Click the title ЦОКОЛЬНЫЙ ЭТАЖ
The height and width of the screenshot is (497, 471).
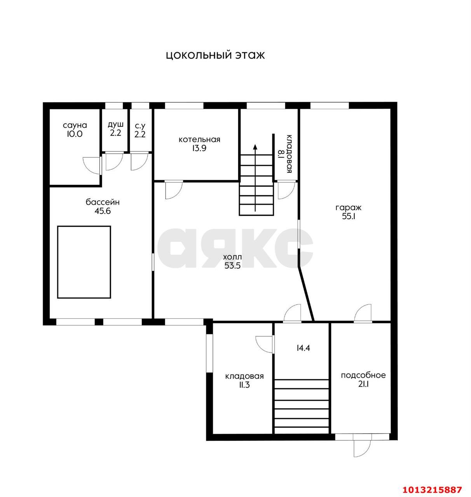pyautogui.click(x=215, y=56)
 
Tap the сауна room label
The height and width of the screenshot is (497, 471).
pyautogui.click(x=75, y=125)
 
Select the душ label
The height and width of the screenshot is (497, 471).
pyautogui.click(x=116, y=125)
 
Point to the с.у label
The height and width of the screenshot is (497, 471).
pyautogui.click(x=140, y=126)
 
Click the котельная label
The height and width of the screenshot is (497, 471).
pyautogui.click(x=199, y=139)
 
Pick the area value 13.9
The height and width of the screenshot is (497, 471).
pyautogui.click(x=199, y=148)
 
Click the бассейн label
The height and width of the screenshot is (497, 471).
pyautogui.click(x=103, y=202)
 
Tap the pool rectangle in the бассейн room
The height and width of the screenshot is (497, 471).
pyautogui.click(x=84, y=262)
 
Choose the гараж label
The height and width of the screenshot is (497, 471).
pyautogui.click(x=349, y=208)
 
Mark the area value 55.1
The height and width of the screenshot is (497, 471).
pyautogui.click(x=349, y=216)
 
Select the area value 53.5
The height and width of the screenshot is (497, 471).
pyautogui.click(x=232, y=266)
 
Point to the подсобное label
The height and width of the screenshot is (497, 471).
pyautogui.click(x=363, y=375)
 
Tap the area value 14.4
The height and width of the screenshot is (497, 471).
pyautogui.click(x=303, y=348)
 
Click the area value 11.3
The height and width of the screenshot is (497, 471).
pyautogui.click(x=244, y=385)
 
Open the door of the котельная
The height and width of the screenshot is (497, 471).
pyautogui.click(x=174, y=189)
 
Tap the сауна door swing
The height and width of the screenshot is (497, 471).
pyautogui.click(x=92, y=165)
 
